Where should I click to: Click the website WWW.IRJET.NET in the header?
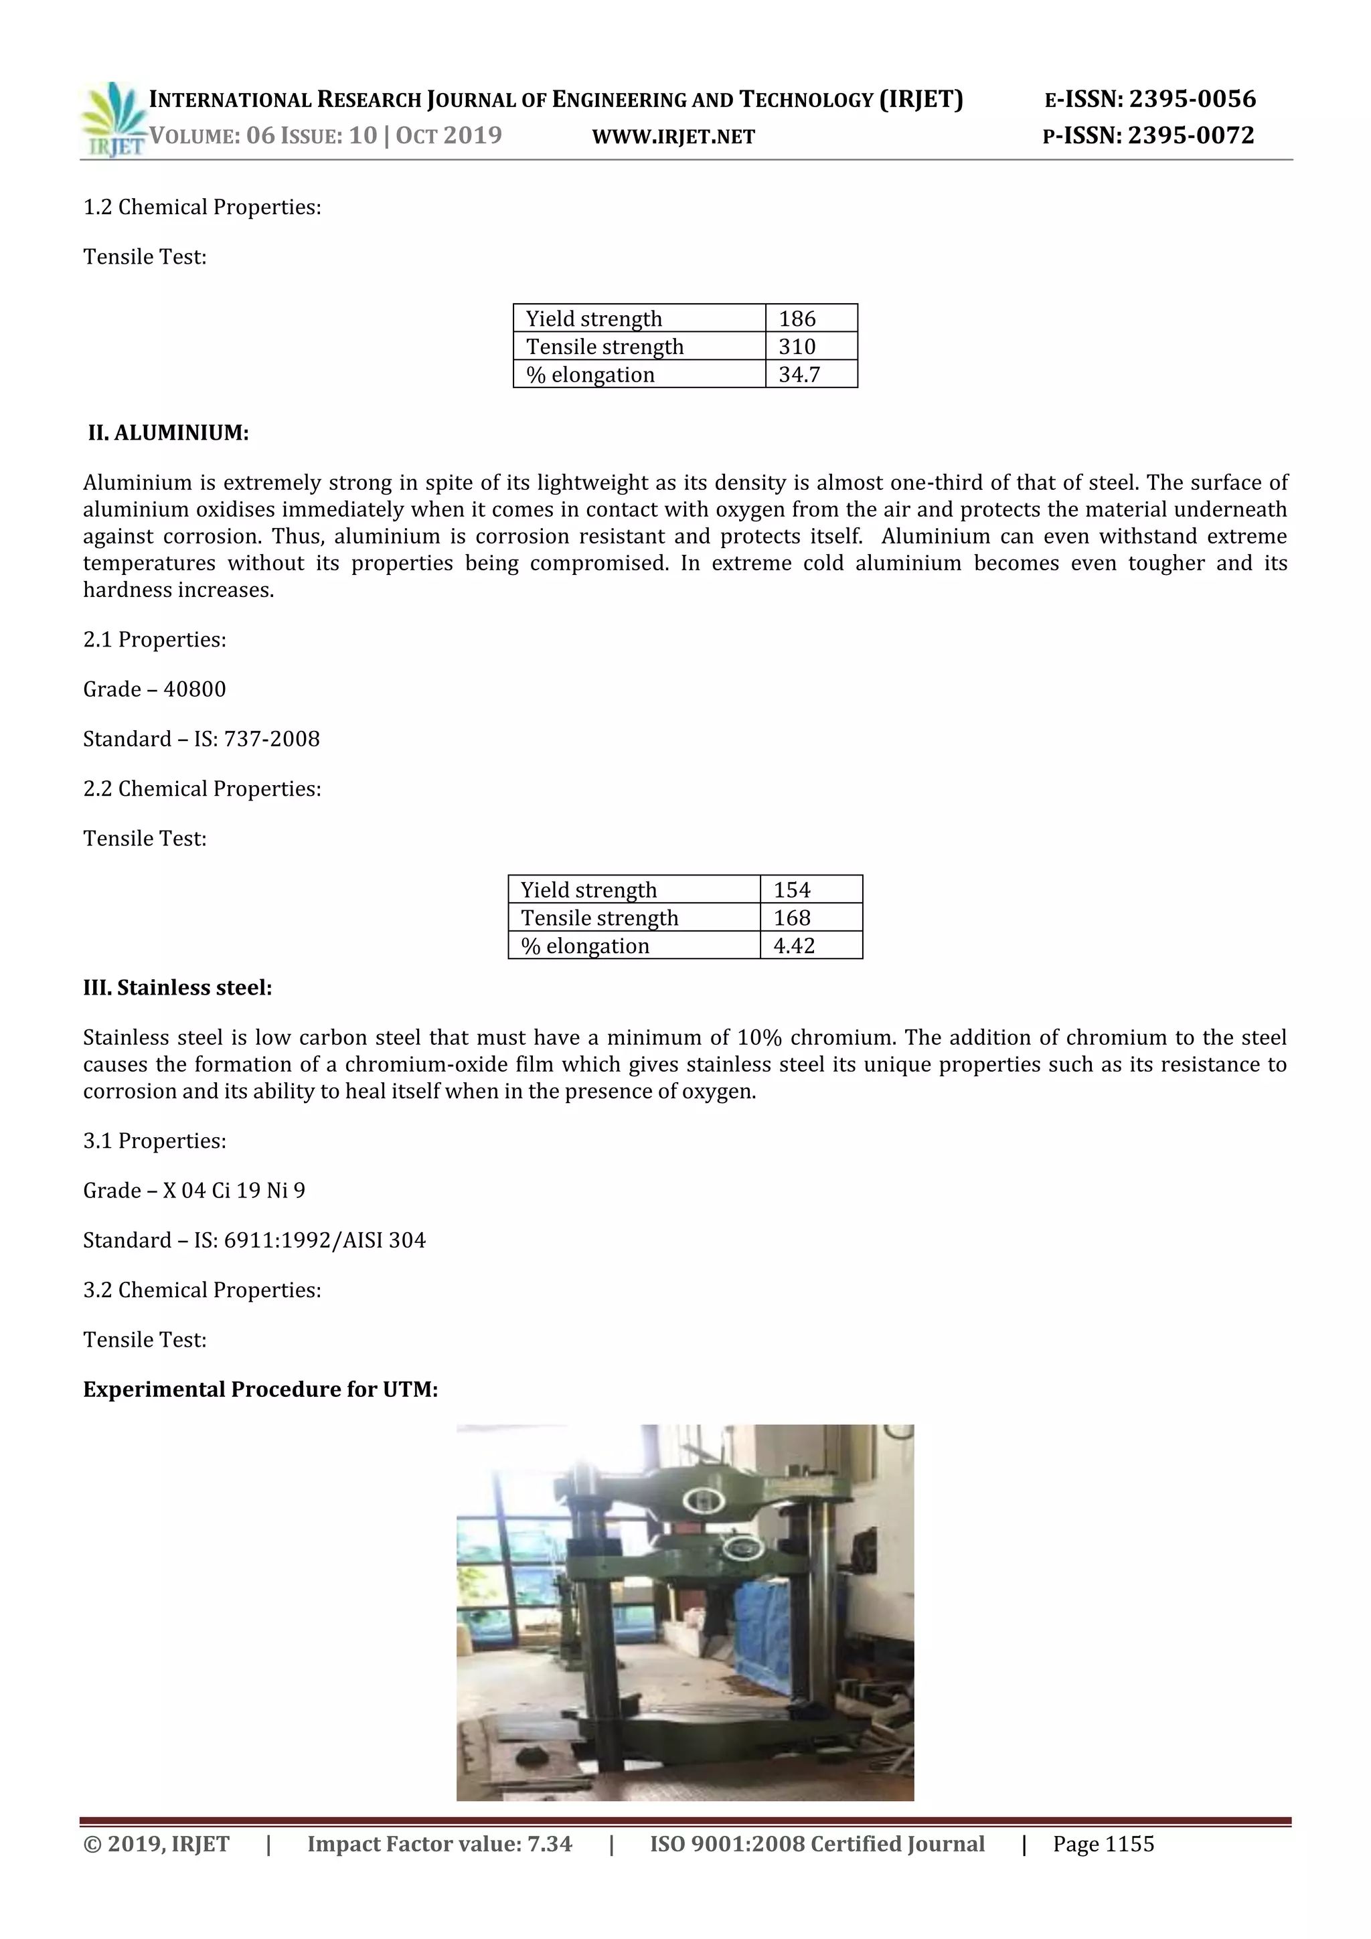673,137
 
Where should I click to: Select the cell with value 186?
797,319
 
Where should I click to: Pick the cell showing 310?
797,346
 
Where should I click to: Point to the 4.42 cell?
794,945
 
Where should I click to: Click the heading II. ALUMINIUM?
168,433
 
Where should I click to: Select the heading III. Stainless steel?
177,987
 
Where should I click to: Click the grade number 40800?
195,689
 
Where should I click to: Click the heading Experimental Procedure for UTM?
260,1389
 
